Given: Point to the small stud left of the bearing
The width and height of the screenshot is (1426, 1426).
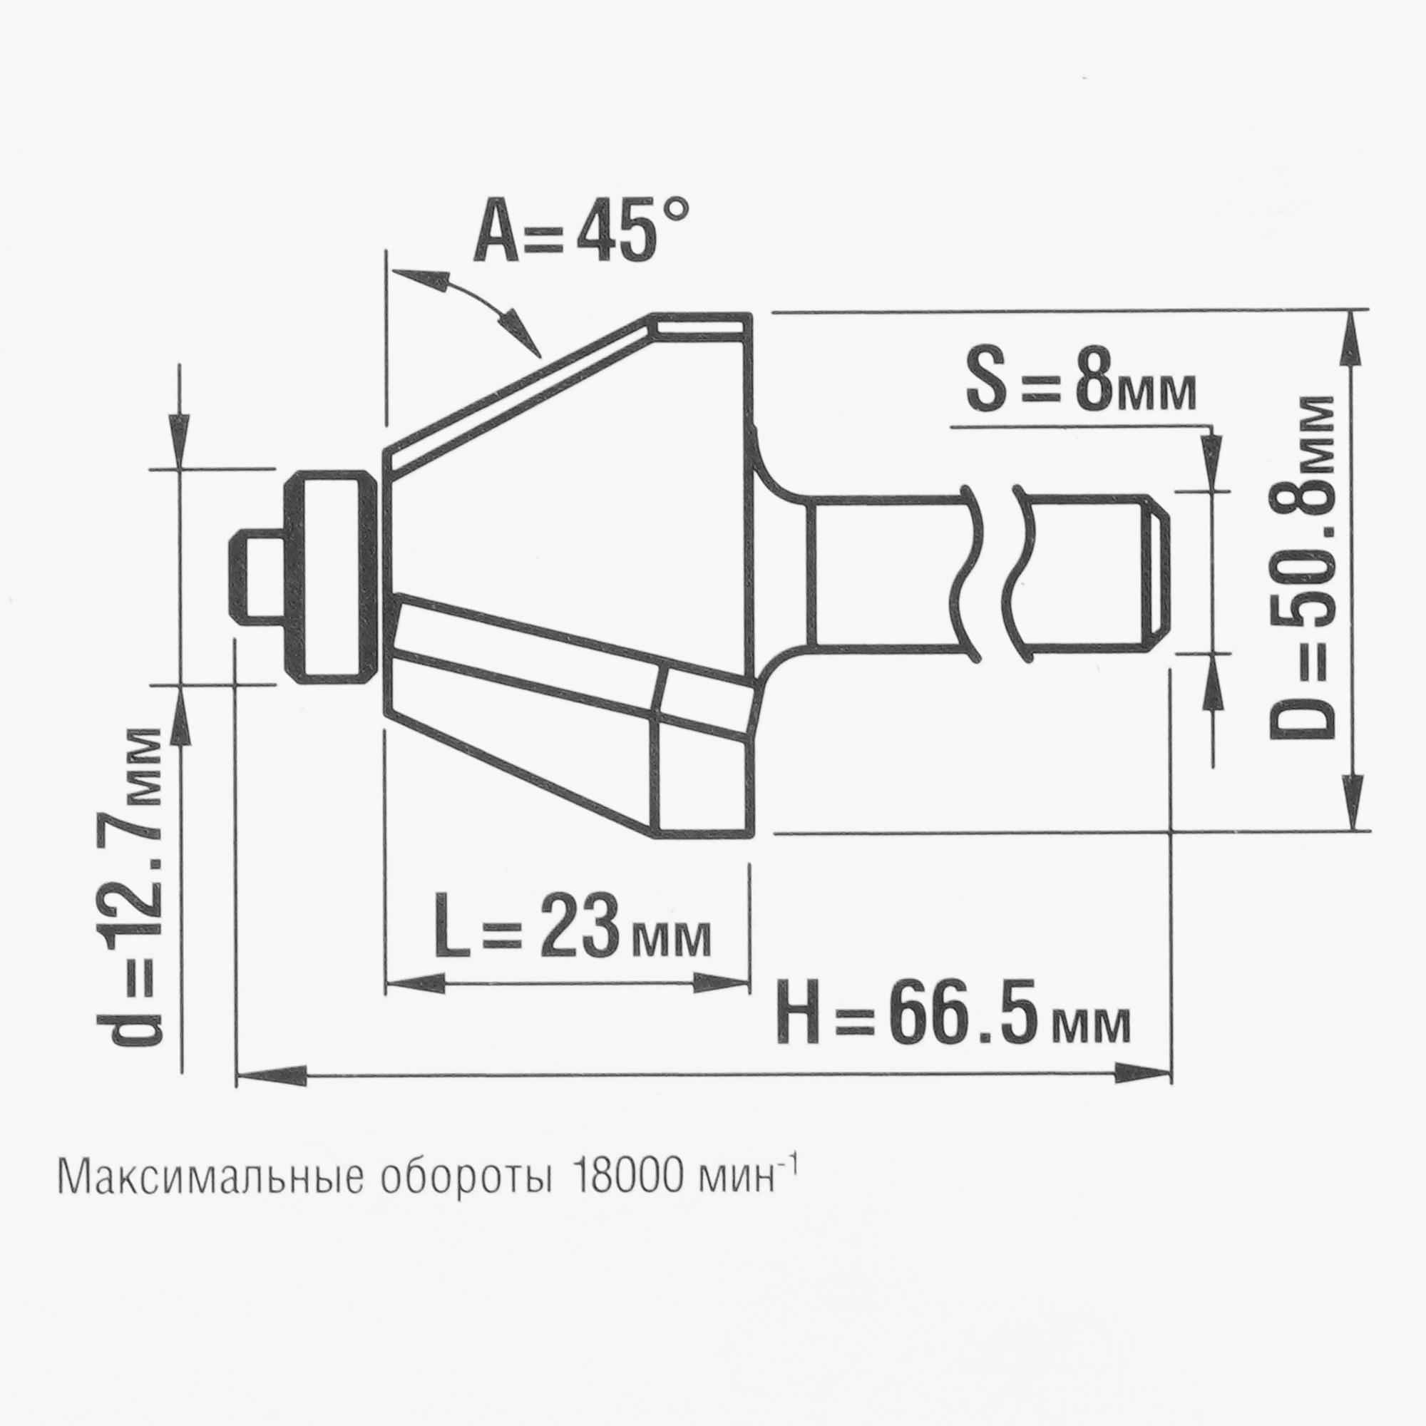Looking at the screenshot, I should point(258,576).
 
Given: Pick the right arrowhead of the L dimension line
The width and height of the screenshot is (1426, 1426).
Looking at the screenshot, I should point(719,982).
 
